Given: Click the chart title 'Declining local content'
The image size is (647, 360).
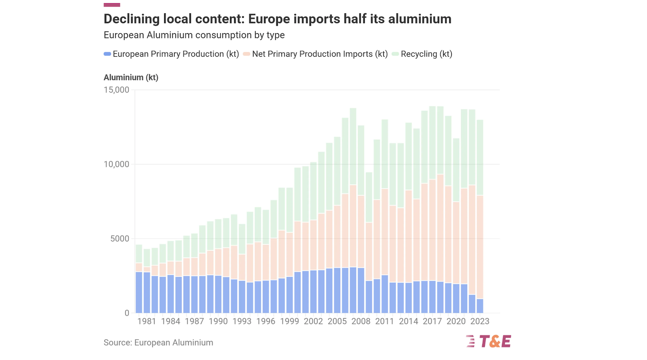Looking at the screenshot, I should click(x=277, y=19).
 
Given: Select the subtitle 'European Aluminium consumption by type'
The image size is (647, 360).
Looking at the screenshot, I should click(x=194, y=35).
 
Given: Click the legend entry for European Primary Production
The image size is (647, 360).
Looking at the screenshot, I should click(x=171, y=54).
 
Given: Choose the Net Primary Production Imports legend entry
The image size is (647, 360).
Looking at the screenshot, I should click(x=316, y=54).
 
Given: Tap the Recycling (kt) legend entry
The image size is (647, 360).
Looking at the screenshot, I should click(x=422, y=54).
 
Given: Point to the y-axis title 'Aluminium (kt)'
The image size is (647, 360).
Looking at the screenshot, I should click(x=131, y=77).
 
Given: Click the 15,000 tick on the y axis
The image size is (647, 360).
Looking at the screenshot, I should click(x=116, y=90).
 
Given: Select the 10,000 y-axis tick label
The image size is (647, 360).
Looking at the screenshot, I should click(x=116, y=164).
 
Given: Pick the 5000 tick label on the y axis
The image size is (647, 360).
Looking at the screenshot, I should click(x=120, y=239).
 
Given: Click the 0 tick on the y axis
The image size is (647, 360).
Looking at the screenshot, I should click(x=127, y=313).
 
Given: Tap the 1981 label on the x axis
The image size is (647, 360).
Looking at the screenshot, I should click(x=146, y=321).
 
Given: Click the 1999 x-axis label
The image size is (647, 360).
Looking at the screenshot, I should click(x=290, y=321).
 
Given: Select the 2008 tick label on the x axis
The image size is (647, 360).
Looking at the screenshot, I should click(x=361, y=321).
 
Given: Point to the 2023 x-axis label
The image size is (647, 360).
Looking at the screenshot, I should click(x=480, y=321).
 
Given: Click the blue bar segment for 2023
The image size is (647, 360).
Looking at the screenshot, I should click(x=480, y=306).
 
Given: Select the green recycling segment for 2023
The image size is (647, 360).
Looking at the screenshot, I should click(x=480, y=158).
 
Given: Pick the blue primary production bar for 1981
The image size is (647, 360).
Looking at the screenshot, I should click(x=147, y=292).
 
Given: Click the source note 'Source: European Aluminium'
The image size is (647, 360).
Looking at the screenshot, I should click(x=158, y=343).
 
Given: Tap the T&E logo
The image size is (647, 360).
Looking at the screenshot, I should click(x=488, y=341).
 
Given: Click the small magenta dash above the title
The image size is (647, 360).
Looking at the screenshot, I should click(x=112, y=5).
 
